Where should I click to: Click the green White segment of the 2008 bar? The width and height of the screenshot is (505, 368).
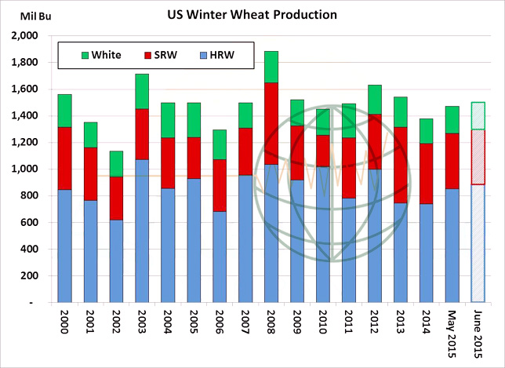click(x=271, y=67)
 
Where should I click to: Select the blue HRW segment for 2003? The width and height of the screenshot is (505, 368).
click(x=142, y=231)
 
